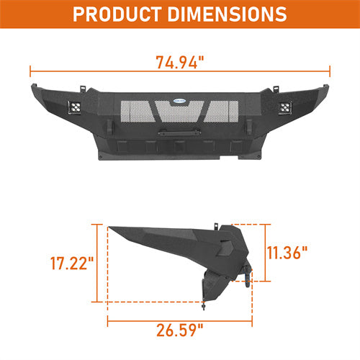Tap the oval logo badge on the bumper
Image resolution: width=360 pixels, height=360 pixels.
point(179,102)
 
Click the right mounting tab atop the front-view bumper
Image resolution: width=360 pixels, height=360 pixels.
point(274,90)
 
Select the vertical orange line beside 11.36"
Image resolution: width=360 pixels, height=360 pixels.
point(267,252)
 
